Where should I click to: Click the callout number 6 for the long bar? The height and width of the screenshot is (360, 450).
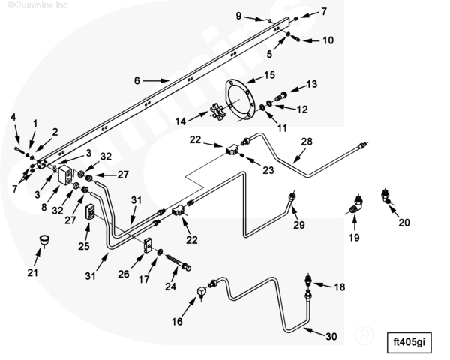point(137,79)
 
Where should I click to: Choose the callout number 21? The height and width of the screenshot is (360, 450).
point(32,272)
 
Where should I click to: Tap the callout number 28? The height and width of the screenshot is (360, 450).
point(306,141)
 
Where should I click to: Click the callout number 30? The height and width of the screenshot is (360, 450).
point(331,337)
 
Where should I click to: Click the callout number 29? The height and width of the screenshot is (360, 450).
point(299,226)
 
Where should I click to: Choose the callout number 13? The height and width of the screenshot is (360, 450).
point(312,83)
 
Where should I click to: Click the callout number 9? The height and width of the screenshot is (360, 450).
point(238,15)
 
